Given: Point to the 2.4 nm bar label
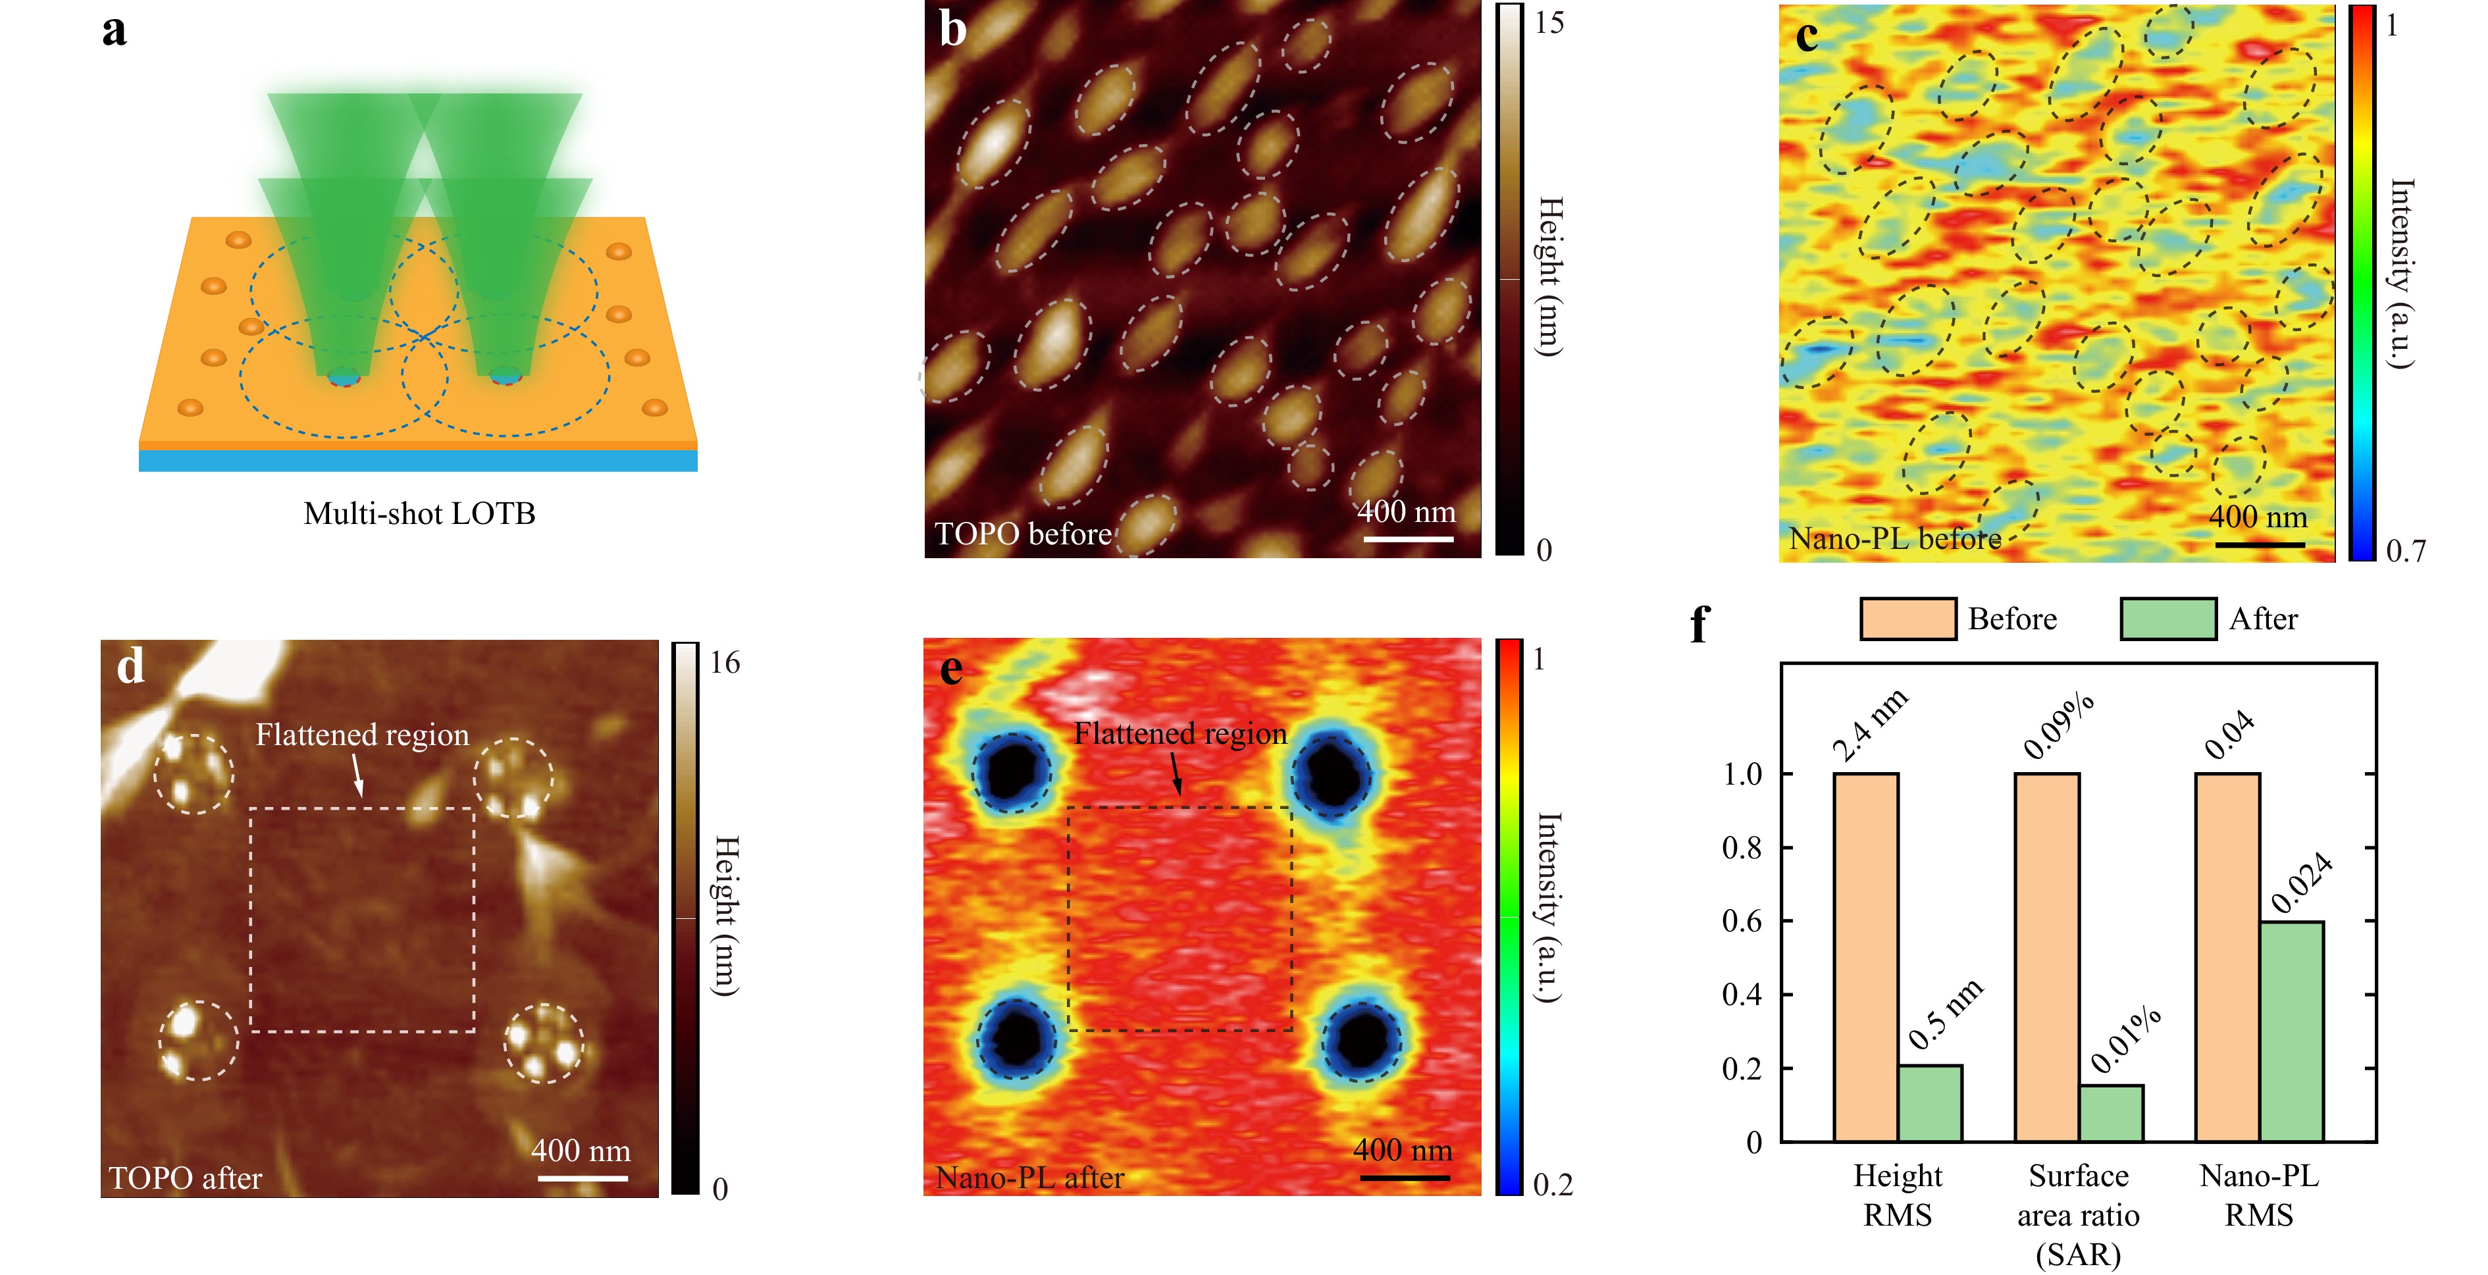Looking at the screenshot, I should (1870, 725).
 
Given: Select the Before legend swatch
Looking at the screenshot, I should (1907, 618).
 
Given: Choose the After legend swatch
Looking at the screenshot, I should (2167, 618).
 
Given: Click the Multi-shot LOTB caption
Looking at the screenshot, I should (419, 514).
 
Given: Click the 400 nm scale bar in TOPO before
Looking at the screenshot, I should (1407, 538).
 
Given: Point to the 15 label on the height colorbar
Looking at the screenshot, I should (1549, 23).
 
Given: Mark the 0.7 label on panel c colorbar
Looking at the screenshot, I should (2405, 550).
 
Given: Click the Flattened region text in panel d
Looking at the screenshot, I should (362, 735).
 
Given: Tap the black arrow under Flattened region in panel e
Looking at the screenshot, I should (1176, 773).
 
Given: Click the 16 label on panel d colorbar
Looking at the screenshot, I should (725, 663).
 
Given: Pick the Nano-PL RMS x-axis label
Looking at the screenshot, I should (2258, 1195).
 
